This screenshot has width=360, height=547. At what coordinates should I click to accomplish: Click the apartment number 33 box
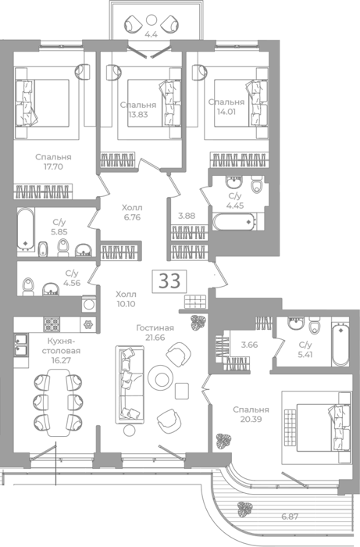169,281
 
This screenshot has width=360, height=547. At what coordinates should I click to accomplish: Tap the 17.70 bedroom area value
53,166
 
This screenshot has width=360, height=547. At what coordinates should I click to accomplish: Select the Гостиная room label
155,328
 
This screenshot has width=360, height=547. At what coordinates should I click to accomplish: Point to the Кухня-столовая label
62,346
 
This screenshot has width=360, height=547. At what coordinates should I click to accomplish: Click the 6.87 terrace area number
290,517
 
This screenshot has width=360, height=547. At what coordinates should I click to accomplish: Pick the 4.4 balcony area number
151,34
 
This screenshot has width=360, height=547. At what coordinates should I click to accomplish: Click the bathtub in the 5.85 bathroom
26,229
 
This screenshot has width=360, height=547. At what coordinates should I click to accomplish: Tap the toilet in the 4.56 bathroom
28,287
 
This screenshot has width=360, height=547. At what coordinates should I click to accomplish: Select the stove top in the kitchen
52,324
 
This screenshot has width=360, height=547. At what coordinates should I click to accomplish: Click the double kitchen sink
21,345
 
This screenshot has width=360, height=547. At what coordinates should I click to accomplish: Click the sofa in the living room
130,384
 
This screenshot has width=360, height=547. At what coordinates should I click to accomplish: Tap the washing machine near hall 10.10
88,304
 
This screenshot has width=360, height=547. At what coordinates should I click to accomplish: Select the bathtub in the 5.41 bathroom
340,345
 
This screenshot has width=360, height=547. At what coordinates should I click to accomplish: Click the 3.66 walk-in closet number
250,345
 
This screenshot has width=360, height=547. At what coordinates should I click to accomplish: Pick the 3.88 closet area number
187,216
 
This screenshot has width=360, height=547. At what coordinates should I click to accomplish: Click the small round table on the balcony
151,20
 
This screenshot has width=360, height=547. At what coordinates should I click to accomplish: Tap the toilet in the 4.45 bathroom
257,185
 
